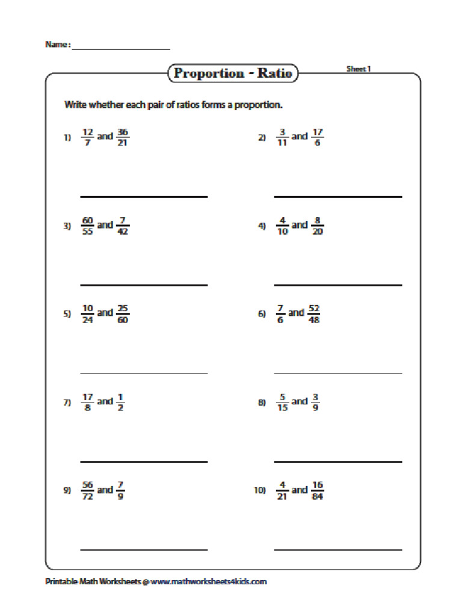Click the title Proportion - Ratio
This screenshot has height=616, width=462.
232,73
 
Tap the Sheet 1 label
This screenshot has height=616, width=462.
359,69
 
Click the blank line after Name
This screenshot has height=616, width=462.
121,48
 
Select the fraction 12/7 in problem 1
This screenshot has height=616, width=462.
88,137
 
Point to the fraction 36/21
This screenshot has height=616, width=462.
123,137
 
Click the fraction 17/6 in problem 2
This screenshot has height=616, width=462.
317,137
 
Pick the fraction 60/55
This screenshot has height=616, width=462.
88,225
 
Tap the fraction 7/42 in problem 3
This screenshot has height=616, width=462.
123,225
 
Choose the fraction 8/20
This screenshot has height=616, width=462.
317,225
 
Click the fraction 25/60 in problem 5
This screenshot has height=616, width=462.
123,313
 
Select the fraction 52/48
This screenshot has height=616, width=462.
313,313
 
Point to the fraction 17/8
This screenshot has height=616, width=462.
88,402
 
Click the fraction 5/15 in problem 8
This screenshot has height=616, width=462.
282,402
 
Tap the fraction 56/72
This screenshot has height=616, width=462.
88,490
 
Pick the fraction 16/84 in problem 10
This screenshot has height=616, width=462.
317,490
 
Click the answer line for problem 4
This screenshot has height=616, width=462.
338,285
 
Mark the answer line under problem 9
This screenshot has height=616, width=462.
144,549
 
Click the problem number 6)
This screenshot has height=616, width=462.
262,314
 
